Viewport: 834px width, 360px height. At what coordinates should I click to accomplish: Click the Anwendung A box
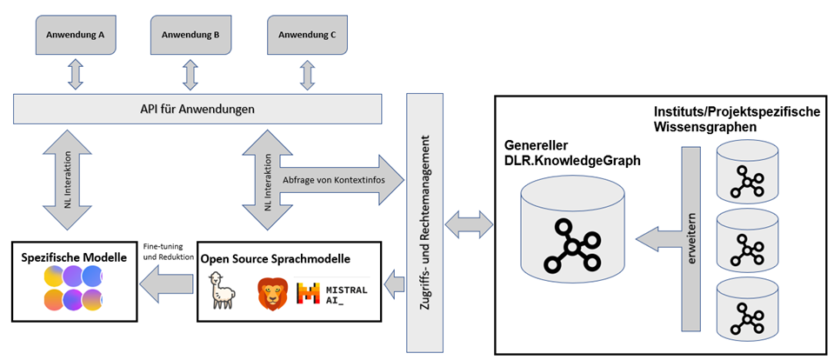pos(76,36)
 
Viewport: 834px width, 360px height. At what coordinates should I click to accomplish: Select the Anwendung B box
pos(191,36)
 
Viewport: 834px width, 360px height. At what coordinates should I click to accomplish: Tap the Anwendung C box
pos(307,36)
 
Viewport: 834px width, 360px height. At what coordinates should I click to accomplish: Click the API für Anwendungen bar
pos(197,109)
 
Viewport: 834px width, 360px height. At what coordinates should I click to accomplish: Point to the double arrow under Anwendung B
pos(190,75)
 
